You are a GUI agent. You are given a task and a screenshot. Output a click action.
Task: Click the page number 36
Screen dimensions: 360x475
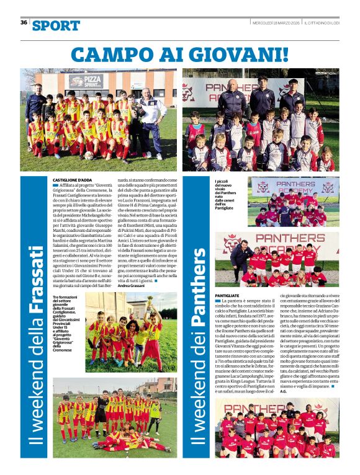pyautogui.click(x=24, y=22)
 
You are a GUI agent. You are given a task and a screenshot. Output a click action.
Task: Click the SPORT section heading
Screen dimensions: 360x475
pyautogui.click(x=56, y=25)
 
